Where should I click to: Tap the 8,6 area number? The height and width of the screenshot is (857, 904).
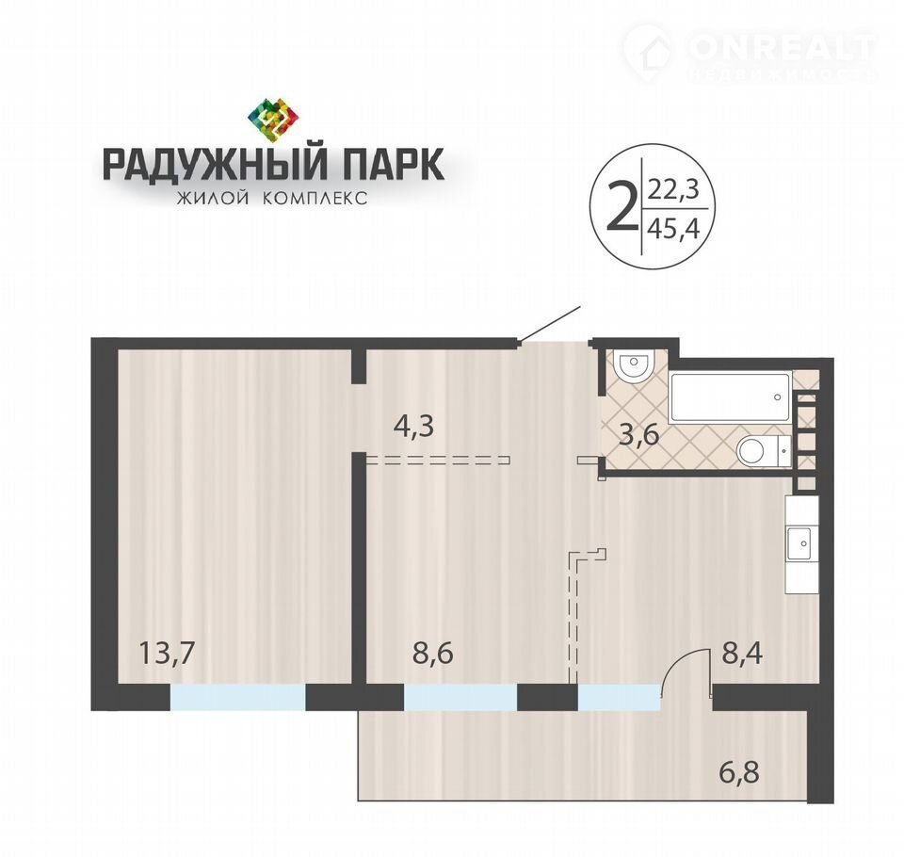pos(433,654)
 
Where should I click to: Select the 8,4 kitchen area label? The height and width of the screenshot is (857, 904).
pos(743,654)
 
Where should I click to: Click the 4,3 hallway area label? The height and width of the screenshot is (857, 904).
pos(413,427)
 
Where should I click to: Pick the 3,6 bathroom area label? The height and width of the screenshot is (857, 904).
pos(638,435)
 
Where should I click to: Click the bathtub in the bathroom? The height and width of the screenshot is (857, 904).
pos(729,398)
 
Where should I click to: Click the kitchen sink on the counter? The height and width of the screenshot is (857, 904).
pos(800,542)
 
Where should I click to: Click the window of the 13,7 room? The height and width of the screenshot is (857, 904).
pos(237,697)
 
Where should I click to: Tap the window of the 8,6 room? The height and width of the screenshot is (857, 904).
pos(460,697)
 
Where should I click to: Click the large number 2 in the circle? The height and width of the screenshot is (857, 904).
pos(620,207)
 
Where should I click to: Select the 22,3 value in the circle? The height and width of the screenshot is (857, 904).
pos(673,188)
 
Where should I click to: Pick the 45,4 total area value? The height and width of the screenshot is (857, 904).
pos(674,229)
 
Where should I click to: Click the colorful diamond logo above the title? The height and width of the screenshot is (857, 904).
pos(273,119)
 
